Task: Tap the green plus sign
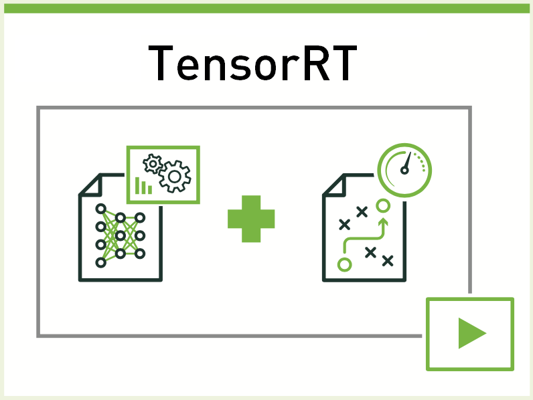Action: [251, 218]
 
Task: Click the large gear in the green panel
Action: [175, 176]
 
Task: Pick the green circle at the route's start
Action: [345, 264]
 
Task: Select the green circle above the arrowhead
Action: [383, 205]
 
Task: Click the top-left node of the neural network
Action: [100, 208]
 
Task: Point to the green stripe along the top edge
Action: [266, 8]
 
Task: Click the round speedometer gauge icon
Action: [404, 167]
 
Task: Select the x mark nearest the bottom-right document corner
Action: [387, 261]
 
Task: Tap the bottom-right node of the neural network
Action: [139, 254]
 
